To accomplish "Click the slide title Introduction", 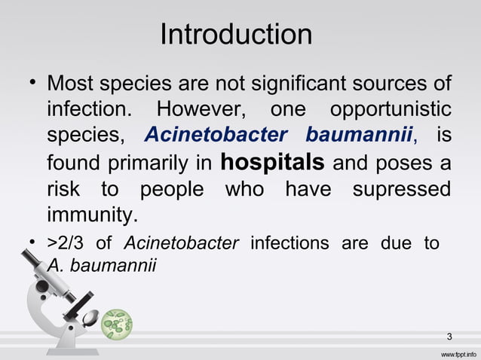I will click(x=236, y=34).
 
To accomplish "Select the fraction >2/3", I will click(x=66, y=243).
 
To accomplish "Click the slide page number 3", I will click(x=449, y=335).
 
